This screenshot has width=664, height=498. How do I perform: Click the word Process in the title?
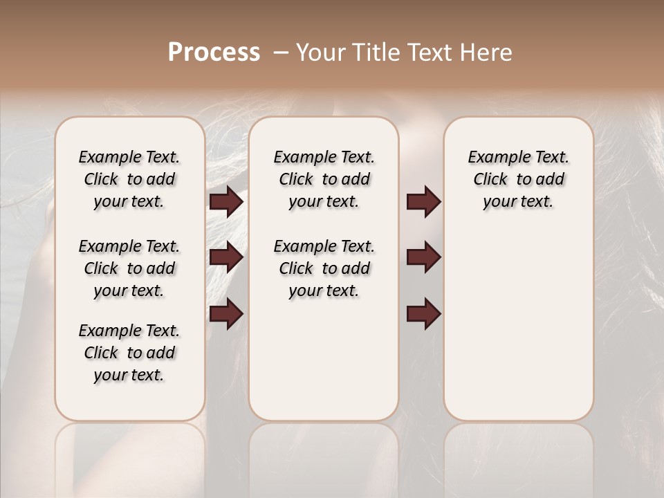(x=214, y=53)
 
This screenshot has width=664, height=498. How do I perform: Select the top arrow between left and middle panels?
(x=226, y=202)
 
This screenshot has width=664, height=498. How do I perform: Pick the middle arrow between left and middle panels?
(x=226, y=257)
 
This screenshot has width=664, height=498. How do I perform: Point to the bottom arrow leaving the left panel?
(x=226, y=313)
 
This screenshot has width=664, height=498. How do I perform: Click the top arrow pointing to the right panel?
(x=423, y=202)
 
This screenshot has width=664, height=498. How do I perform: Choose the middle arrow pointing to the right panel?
(x=423, y=257)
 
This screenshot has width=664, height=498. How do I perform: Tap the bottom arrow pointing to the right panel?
(x=423, y=313)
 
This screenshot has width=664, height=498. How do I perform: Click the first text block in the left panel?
(x=129, y=179)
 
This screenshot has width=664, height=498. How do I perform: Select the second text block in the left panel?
(x=129, y=268)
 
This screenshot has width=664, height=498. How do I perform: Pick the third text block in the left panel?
(x=129, y=353)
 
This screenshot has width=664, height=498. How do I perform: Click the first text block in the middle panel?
(x=324, y=179)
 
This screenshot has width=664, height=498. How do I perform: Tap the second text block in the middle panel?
(x=324, y=268)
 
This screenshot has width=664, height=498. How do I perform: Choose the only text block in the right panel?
(x=518, y=179)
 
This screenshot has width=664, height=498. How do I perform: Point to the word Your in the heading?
(x=320, y=53)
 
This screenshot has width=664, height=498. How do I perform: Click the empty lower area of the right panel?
(x=518, y=325)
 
